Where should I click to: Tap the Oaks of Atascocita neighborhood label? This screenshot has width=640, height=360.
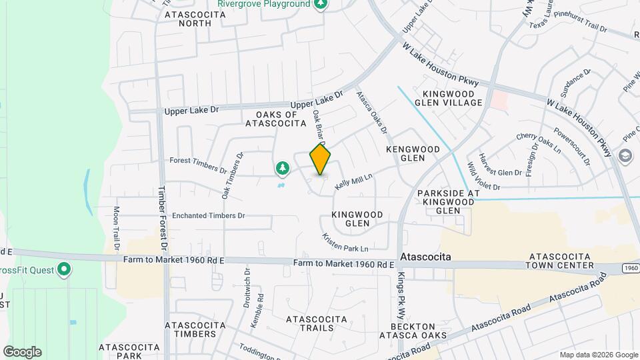click(x=276, y=118)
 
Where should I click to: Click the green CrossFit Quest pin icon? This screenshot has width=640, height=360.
click(x=64, y=270)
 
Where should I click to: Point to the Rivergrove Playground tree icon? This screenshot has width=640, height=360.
click(x=321, y=4)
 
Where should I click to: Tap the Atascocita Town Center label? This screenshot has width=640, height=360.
click(x=559, y=261)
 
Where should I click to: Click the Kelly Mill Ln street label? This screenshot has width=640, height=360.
click(x=353, y=181)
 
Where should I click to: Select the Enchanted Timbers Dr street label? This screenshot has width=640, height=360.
click(x=209, y=216)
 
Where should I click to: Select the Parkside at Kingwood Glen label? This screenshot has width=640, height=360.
click(x=448, y=202)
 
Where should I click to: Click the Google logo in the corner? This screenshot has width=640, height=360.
click(x=22, y=351)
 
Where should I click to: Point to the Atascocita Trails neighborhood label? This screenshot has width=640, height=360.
click(x=315, y=324)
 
